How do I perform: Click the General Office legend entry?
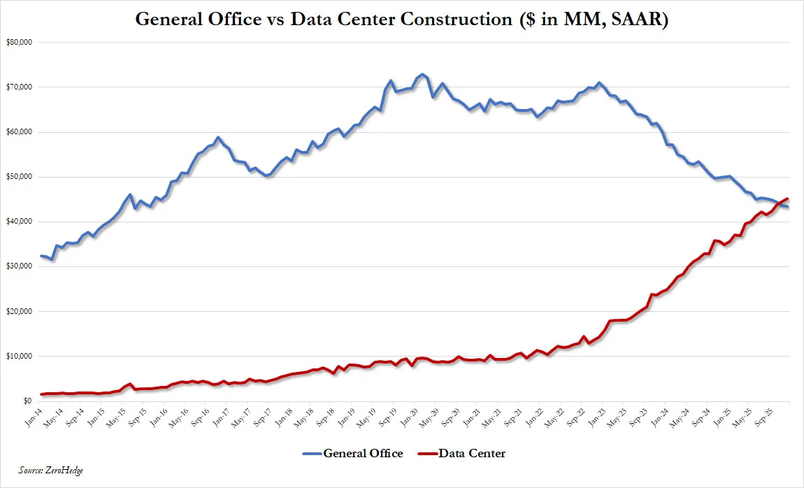[x=363, y=453]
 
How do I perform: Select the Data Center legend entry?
[x=472, y=453]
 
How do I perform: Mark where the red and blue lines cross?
[x=777, y=203]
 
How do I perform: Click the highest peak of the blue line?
[x=422, y=74]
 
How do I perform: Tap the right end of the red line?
[x=788, y=199]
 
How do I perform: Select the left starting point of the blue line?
[x=41, y=256]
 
